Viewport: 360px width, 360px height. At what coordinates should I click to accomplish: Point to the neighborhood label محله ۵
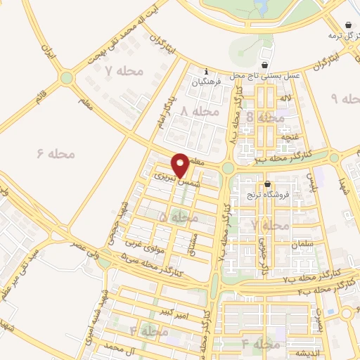point(179,219)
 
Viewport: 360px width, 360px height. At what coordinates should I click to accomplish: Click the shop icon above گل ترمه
point(349,24)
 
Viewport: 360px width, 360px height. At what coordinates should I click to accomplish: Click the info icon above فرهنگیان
point(205,72)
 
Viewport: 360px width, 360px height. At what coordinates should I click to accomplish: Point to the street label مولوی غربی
point(140,245)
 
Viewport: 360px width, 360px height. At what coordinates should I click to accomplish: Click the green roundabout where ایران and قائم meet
point(67,78)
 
